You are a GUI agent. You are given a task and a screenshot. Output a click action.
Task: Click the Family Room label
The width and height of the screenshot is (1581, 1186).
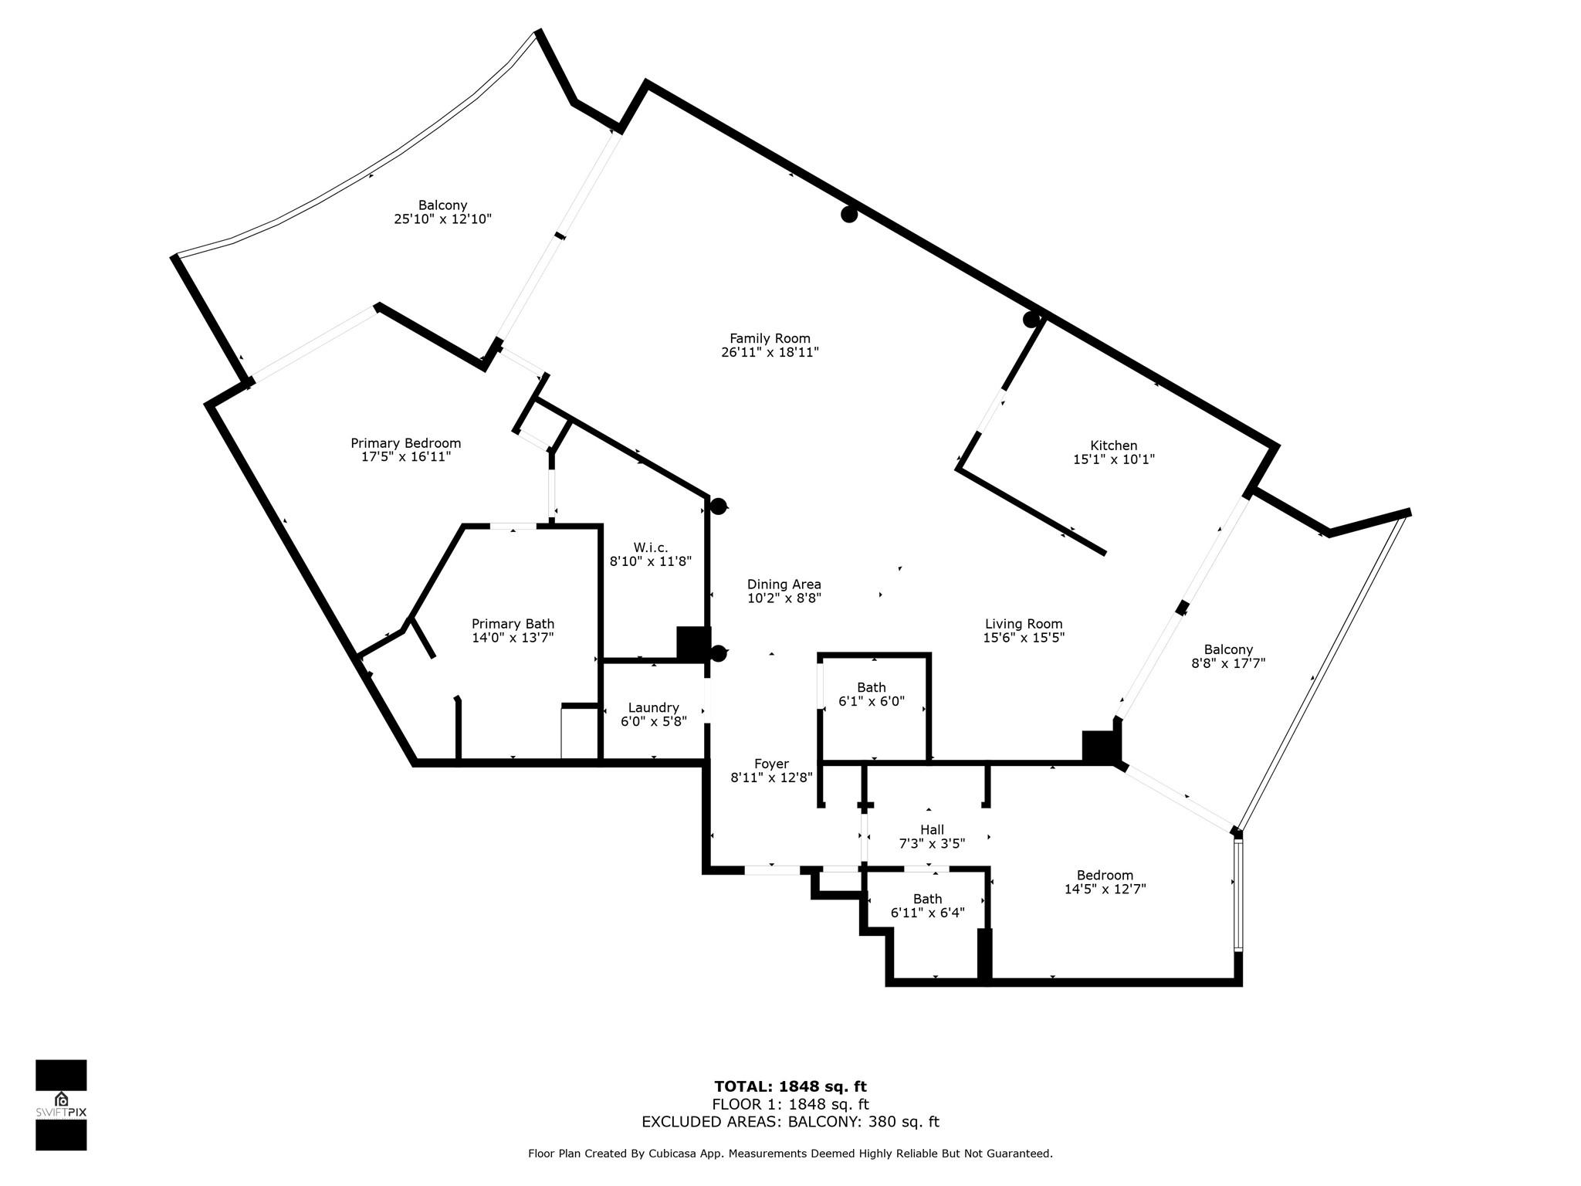click(770, 338)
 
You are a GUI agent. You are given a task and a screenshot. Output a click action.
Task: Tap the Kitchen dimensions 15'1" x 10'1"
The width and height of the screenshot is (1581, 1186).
click(1114, 459)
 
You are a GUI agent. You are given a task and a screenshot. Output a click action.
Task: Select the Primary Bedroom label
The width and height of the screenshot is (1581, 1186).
click(405, 443)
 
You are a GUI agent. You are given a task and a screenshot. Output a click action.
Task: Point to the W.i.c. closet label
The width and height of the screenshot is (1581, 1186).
click(651, 547)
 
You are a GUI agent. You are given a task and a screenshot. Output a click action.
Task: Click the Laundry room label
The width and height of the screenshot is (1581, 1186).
click(653, 708)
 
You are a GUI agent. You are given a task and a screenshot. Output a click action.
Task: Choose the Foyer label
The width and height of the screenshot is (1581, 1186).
click(771, 764)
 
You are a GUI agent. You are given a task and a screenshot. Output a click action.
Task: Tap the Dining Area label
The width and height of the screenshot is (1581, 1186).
click(784, 585)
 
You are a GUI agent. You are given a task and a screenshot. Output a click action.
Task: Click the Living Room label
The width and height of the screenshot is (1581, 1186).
click(1024, 624)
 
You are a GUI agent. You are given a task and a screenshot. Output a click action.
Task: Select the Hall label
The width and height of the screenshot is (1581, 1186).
click(932, 830)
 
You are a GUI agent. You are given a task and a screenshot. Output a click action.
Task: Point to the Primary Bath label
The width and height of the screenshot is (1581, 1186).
click(513, 624)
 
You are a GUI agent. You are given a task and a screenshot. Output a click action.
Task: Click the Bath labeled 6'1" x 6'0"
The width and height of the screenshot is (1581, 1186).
click(872, 695)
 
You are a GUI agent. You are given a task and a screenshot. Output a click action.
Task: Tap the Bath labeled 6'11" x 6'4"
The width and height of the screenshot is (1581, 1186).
click(928, 906)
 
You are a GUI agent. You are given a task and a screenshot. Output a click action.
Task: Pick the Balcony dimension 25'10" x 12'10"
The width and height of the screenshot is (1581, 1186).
click(442, 219)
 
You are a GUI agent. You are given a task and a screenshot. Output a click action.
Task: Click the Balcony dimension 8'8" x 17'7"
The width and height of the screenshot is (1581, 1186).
click(1228, 663)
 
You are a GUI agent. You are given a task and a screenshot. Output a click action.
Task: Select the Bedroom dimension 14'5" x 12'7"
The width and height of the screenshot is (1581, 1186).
click(1105, 889)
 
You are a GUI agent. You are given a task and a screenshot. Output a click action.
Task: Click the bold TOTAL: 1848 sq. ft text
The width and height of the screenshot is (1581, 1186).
click(790, 1087)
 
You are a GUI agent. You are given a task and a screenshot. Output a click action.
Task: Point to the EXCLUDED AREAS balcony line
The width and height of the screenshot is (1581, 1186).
click(790, 1122)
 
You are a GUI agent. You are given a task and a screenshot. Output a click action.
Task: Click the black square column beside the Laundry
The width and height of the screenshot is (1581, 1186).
click(692, 642)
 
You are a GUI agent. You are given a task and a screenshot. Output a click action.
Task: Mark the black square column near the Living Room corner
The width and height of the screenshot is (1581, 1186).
click(1100, 747)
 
